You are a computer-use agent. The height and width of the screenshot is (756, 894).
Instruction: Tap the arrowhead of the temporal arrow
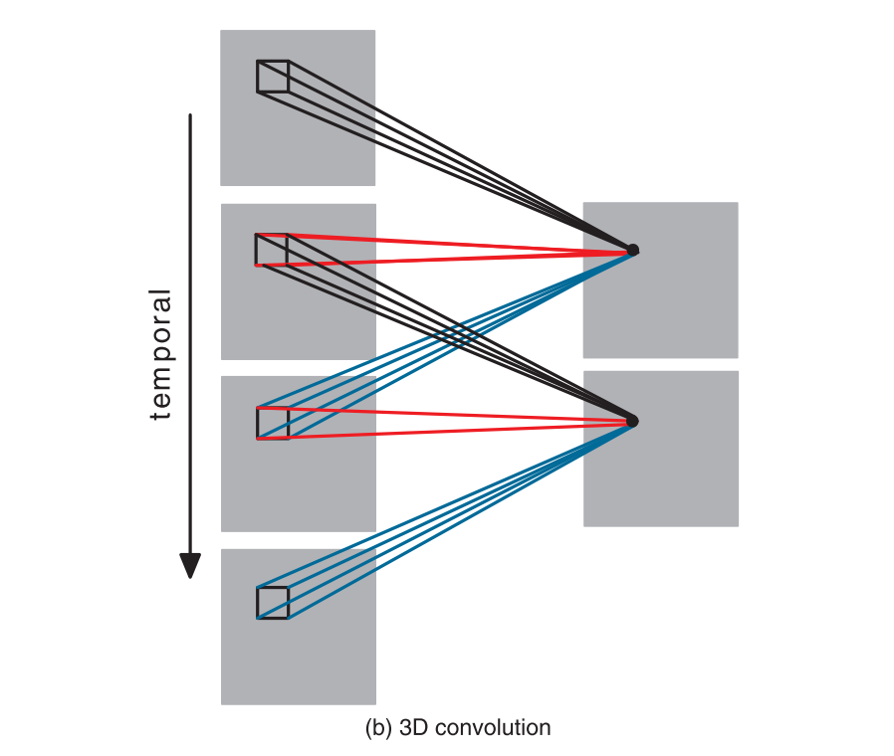pos(190,565)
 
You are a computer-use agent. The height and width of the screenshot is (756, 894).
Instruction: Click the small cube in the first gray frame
pos(272,77)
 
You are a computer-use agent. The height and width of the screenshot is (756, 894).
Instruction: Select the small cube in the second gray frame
pos(272,250)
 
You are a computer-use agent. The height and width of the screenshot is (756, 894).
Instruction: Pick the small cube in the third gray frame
pos(273,422)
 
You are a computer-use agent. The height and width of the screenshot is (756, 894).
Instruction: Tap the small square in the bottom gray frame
pos(273,603)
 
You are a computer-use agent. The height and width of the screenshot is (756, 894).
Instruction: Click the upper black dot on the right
pos(632,249)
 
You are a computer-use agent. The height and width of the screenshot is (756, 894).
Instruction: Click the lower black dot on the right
pos(632,421)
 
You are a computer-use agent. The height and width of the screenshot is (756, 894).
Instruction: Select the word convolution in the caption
pos(491,728)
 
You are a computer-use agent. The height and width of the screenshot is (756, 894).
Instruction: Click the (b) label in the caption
pos(379,728)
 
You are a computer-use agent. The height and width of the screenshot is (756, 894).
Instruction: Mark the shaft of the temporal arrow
pos(190,298)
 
